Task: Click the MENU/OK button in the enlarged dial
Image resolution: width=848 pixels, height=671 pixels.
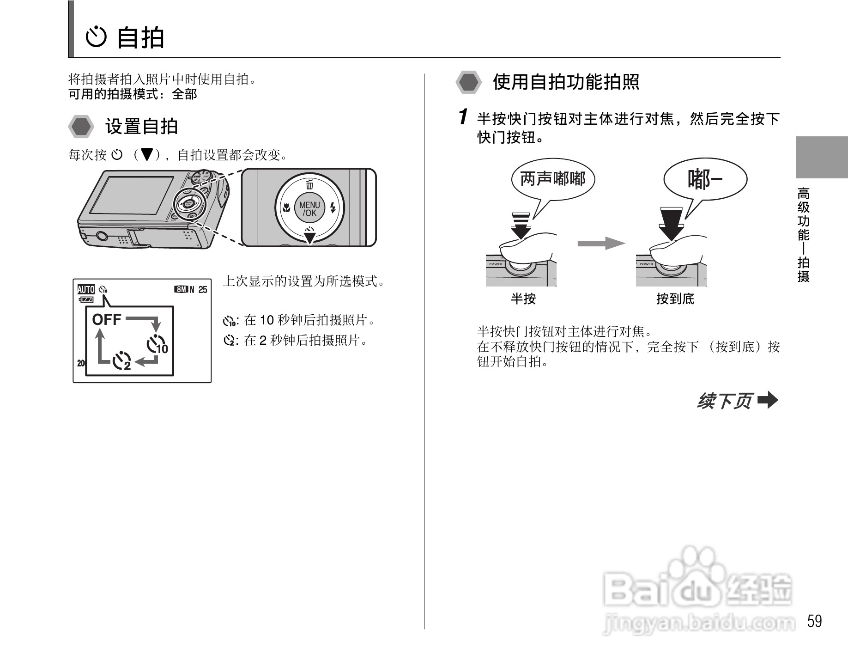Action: (x=309, y=209)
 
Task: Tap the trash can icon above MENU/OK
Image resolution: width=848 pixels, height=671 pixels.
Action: (x=309, y=184)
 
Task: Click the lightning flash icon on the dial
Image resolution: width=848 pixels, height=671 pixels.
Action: (x=333, y=207)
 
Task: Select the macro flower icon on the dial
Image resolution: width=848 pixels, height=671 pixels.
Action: (x=286, y=208)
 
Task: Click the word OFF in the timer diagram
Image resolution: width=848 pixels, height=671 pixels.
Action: (x=107, y=319)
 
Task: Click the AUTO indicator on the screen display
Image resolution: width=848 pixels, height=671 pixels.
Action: (x=86, y=289)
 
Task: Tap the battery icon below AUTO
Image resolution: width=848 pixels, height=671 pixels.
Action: (x=86, y=299)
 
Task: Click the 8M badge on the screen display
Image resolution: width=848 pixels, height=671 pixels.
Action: (x=181, y=289)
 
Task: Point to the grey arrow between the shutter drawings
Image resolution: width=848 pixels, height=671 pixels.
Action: (x=601, y=243)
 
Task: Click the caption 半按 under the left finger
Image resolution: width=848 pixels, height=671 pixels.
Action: (x=523, y=299)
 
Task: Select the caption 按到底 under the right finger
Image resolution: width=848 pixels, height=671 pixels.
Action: (x=675, y=299)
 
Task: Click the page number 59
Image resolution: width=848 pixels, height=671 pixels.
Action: (x=815, y=621)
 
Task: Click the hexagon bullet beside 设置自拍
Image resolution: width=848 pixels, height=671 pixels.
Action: (x=81, y=126)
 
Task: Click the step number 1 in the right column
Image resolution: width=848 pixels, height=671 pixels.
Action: (x=464, y=117)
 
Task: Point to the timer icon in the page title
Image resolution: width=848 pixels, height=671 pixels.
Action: (x=97, y=37)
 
